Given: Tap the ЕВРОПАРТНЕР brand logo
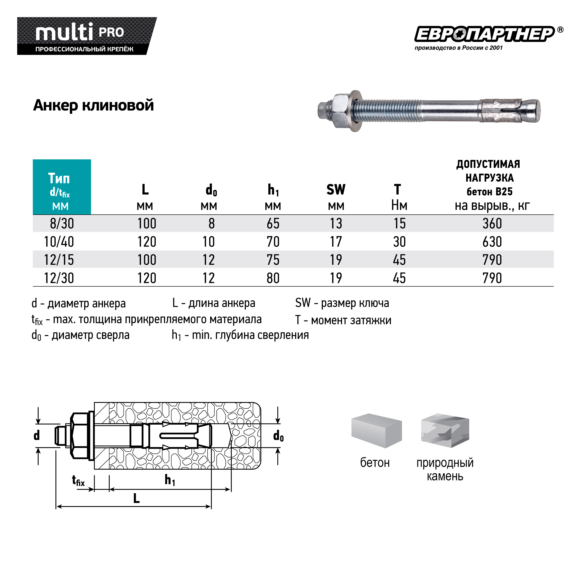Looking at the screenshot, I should pyautogui.click(x=485, y=35).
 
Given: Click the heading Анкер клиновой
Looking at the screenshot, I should pyautogui.click(x=94, y=105).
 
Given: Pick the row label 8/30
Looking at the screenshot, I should pyautogui.click(x=62, y=223).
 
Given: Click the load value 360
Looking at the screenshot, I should pyautogui.click(x=492, y=223).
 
